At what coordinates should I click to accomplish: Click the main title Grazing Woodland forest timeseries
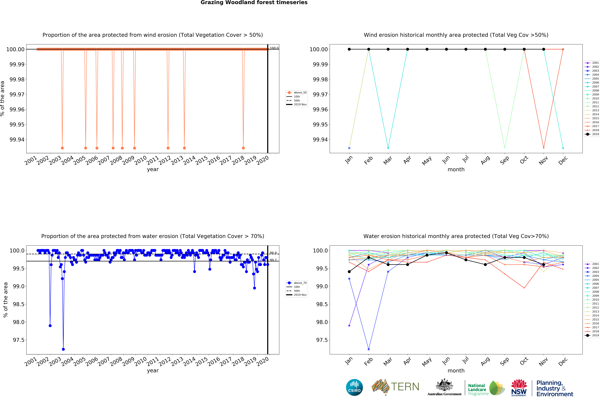pyautogui.click(x=254, y=3)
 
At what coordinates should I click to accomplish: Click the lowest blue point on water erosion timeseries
pyautogui.click(x=63, y=349)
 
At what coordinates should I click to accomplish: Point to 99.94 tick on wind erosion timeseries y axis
pyautogui.click(x=17, y=140)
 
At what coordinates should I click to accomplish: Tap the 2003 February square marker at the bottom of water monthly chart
pyautogui.click(x=369, y=349)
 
